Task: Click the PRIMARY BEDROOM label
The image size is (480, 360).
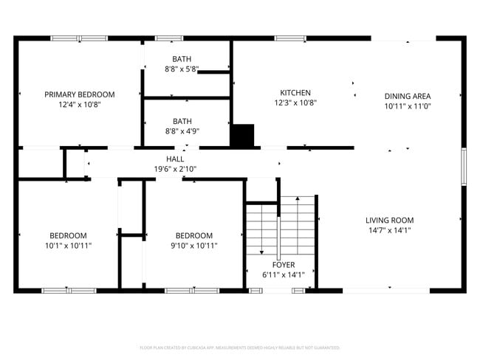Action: (80, 94)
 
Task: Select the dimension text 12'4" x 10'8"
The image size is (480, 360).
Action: (80, 105)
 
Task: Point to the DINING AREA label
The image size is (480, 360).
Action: (407, 96)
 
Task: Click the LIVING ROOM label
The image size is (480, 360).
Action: (389, 220)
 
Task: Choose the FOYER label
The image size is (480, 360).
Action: (284, 265)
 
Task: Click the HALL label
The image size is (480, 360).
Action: (175, 159)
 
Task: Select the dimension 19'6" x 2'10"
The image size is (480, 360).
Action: (175, 169)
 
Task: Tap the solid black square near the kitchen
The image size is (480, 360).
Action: (242, 136)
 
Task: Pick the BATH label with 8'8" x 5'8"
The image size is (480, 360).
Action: (182, 59)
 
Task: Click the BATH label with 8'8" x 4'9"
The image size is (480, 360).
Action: (182, 121)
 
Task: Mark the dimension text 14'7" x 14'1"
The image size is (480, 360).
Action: (389, 230)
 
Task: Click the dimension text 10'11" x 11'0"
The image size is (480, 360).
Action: (407, 106)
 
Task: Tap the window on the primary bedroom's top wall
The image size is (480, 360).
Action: (78, 38)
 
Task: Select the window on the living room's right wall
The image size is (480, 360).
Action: (464, 167)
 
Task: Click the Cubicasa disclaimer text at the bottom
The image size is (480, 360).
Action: (239, 347)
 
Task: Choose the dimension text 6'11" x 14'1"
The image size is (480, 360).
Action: (284, 275)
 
